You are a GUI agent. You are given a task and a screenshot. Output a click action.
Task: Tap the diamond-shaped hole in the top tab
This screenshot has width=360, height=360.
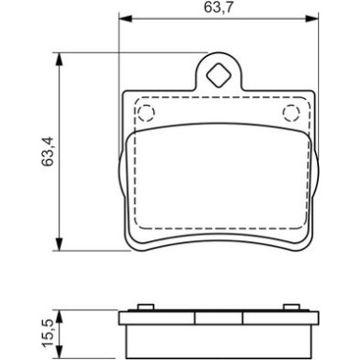tap(219, 75)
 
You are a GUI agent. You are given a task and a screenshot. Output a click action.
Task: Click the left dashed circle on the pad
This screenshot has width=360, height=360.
tap(145, 114)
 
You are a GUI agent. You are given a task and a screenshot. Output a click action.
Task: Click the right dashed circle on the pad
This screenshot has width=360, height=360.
tap(292, 114)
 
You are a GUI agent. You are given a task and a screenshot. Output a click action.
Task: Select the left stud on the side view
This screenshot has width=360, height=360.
tap(145, 305)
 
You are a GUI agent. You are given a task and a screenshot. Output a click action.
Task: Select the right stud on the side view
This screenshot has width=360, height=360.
tap(292, 305)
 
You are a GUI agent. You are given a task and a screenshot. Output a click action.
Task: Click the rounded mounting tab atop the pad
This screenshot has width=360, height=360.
tap(219, 77)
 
